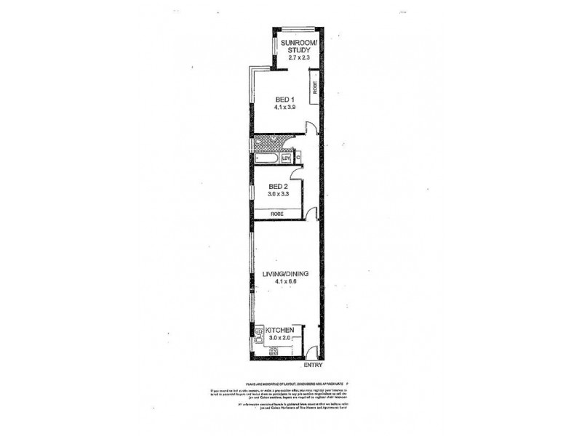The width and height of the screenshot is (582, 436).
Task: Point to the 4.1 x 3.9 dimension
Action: pos(284,108)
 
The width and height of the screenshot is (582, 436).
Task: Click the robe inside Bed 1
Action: pos(314,87)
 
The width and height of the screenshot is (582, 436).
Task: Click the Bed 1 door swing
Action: pos(311,129)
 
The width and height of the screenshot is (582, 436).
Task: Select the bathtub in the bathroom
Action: pos(266,158)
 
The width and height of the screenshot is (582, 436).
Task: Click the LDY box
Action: pos(286,158)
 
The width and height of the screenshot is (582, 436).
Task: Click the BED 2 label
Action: pos(276,186)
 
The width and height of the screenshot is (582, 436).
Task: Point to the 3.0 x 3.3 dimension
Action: pos(276,195)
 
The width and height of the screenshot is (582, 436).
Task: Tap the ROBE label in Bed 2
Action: pos(276,214)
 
